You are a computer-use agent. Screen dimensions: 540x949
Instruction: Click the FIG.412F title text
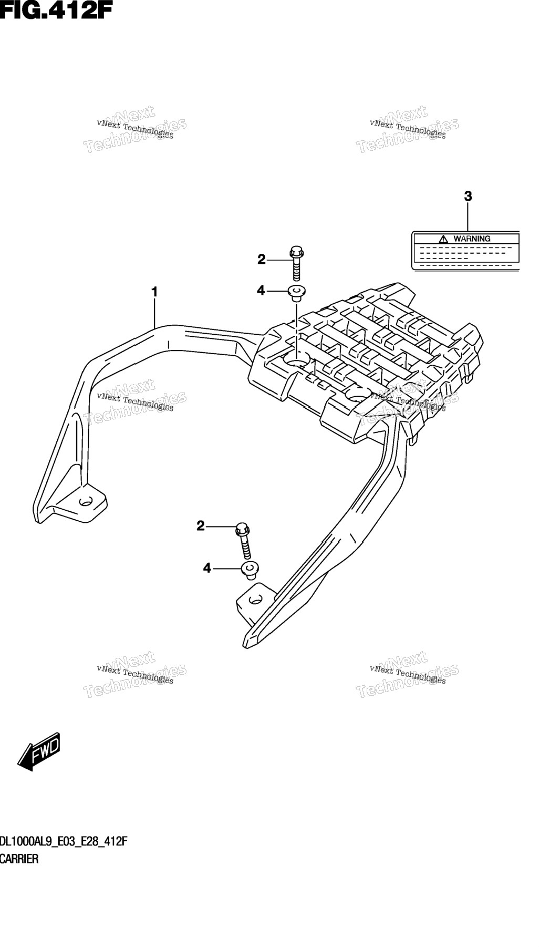(x=56, y=10)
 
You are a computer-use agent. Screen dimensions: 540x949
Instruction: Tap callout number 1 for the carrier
(x=154, y=292)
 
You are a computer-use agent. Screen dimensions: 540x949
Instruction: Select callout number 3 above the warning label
(x=468, y=197)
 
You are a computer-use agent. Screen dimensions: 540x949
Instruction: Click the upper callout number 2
(x=262, y=259)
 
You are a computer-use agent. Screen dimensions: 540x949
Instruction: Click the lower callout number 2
(x=201, y=525)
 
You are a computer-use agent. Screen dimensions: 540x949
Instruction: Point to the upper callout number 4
(x=261, y=290)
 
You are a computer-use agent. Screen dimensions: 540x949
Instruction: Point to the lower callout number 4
(x=207, y=568)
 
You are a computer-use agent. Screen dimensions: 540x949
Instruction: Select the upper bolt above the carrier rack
(x=296, y=263)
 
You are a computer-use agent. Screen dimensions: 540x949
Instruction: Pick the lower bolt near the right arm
(x=244, y=541)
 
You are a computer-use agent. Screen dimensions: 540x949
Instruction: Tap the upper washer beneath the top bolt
(x=297, y=293)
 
